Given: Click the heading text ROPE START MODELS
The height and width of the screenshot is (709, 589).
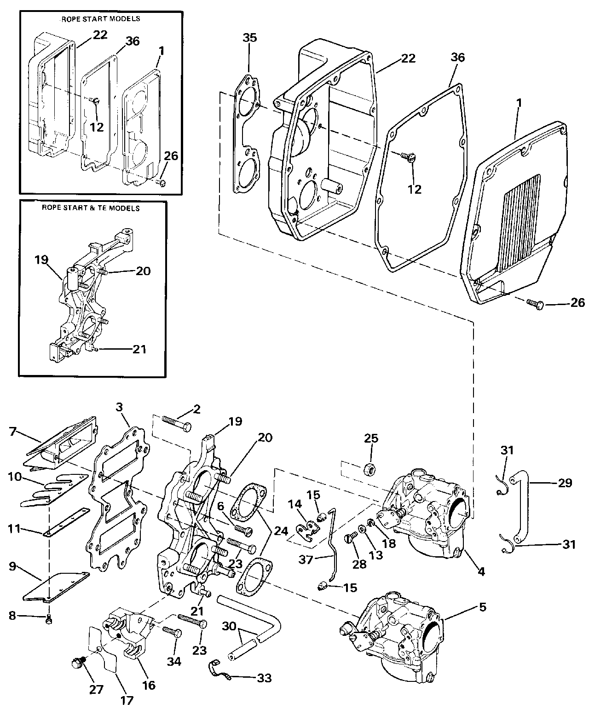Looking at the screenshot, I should coord(100,19).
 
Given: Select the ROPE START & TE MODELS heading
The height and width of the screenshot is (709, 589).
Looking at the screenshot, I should coord(91,208).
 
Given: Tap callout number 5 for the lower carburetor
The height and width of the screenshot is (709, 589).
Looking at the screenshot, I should coord(482,607).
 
